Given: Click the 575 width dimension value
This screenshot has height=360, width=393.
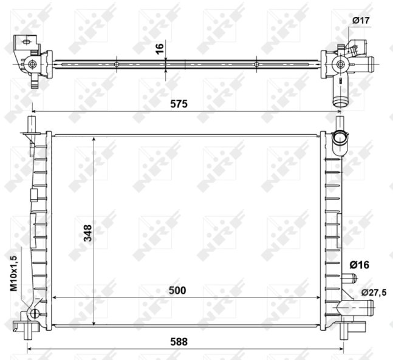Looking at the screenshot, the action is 179,104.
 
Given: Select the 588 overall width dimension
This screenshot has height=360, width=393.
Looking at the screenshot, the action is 179,341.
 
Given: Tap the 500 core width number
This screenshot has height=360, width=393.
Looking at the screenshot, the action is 177,290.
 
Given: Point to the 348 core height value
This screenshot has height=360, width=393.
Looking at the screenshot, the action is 87,233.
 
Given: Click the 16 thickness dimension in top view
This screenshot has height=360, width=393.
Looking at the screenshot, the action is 160,49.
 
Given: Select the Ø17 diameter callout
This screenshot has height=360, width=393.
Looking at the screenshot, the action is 361,20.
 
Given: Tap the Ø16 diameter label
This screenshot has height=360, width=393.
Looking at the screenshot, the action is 360,265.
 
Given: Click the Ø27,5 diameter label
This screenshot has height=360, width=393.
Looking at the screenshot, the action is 374,292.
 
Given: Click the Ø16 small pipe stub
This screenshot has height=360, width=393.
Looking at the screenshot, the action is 349,277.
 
